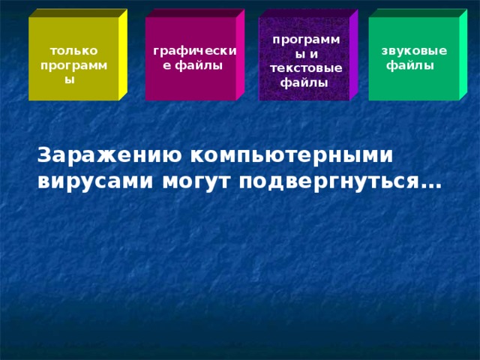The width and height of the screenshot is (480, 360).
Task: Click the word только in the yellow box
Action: click(73, 51)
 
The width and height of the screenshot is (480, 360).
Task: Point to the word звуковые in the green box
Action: click(414, 51)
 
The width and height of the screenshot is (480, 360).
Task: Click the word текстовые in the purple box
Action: click(306, 69)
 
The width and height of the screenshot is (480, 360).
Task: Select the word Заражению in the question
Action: click(106, 154)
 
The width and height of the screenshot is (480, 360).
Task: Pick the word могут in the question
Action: click(199, 181)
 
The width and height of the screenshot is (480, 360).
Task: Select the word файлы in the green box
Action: click(409, 65)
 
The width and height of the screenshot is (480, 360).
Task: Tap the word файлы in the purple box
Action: click(304, 82)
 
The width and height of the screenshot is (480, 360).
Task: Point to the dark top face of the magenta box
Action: click(195, 13)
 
